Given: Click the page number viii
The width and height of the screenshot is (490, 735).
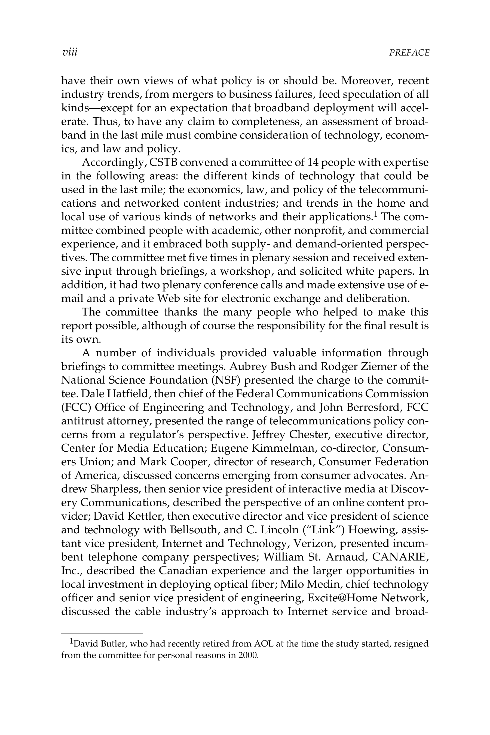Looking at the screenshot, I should pos(70,52).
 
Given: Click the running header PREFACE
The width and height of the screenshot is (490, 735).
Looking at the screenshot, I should pos(409,53).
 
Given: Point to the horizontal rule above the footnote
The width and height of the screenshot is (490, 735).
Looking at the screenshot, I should pos(102,633).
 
